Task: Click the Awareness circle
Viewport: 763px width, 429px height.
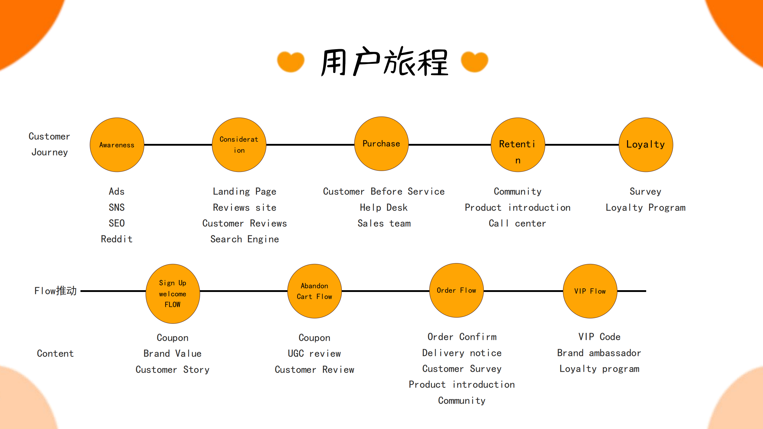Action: (x=117, y=145)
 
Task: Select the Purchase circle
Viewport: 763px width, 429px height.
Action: (x=381, y=144)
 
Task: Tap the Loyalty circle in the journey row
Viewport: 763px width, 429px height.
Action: (x=646, y=145)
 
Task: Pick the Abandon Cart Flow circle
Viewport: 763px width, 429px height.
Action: (x=314, y=291)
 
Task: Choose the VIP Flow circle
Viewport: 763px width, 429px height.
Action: (x=590, y=291)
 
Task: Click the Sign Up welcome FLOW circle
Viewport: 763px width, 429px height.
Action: (x=173, y=293)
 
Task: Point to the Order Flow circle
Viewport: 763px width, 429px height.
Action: (x=456, y=290)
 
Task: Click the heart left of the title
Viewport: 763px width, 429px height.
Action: (x=291, y=62)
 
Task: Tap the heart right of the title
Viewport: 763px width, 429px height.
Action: (x=474, y=62)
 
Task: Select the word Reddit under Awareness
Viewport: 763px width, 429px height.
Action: (x=117, y=239)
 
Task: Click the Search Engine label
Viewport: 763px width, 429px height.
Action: (x=244, y=239)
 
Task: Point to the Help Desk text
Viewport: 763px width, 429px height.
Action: (x=384, y=207)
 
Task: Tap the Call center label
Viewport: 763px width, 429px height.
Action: (x=517, y=223)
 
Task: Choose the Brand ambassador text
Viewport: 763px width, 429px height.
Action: (x=599, y=353)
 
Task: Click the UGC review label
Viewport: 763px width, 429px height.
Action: (x=314, y=353)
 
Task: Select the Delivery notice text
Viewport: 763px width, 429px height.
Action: (x=462, y=353)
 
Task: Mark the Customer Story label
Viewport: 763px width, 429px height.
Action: (x=172, y=369)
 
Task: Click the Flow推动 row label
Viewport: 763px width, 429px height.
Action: (x=55, y=291)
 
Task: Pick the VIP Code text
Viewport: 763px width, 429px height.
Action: (x=599, y=337)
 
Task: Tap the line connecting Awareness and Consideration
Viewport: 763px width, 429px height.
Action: (x=178, y=145)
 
